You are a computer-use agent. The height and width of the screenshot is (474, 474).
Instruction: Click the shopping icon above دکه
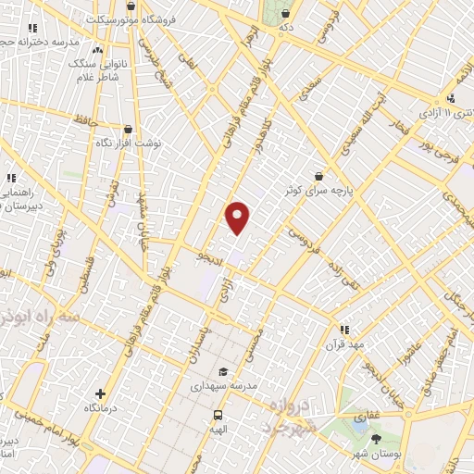(285, 14)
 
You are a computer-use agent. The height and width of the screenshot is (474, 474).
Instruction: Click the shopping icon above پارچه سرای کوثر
(318, 175)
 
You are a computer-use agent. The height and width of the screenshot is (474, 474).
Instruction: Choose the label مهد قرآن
(343, 343)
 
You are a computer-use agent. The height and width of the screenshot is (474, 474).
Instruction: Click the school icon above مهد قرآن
(343, 329)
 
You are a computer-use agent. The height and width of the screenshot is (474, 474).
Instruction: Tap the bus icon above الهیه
(218, 415)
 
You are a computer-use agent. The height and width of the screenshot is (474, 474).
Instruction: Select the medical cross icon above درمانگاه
(100, 393)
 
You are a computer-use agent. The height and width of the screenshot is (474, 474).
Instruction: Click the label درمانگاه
(100, 408)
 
